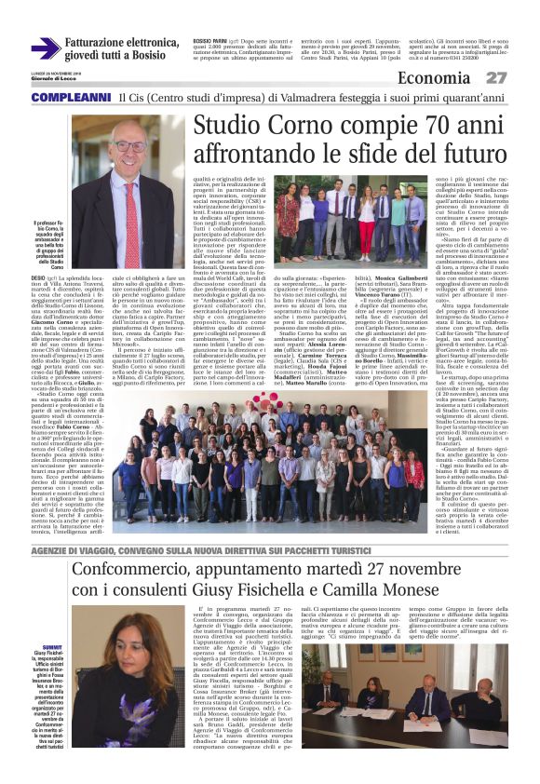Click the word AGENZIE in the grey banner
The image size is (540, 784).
point(52,551)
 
